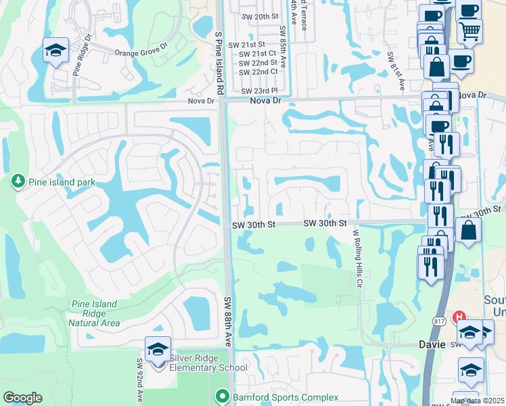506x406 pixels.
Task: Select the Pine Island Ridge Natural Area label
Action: [93, 313]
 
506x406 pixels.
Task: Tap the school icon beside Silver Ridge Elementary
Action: [158, 350]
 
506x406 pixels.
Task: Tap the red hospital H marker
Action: [460, 316]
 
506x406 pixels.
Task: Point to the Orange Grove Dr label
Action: [140, 52]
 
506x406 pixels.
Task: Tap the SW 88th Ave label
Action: [228, 321]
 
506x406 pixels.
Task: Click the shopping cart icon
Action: [469, 29]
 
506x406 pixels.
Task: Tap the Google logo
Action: [22, 398]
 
